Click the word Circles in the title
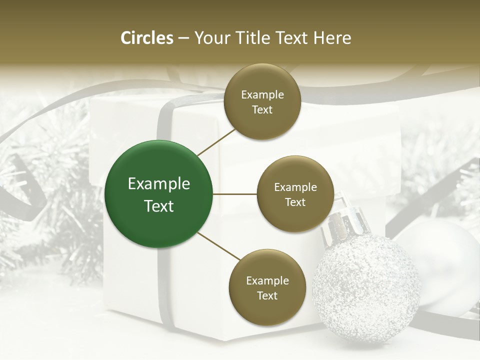coord(147,38)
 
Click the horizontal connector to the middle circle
coord(234,194)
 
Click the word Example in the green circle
coord(159,184)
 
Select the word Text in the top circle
coord(262,109)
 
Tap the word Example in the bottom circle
coord(267,280)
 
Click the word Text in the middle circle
coord(295,202)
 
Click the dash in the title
coord(183,38)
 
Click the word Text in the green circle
coord(159,206)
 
